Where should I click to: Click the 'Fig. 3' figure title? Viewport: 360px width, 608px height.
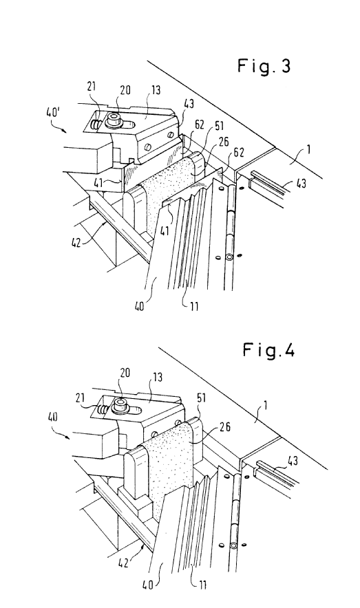pos(264,66)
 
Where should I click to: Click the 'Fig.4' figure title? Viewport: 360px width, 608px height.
pos(269,350)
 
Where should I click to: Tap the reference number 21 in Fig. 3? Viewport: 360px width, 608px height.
pos(92,86)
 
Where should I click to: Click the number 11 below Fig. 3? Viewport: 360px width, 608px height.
pos(194,306)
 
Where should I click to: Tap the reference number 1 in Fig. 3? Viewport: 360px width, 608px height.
pos(308,150)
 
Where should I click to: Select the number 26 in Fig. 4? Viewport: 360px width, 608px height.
pos(225,427)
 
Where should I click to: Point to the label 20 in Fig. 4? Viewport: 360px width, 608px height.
pos(125,373)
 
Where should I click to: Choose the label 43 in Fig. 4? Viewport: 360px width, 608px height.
pos(293,461)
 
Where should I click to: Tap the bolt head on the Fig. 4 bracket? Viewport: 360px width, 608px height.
pos(120,405)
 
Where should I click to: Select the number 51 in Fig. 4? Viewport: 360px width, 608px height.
pos(201,398)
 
